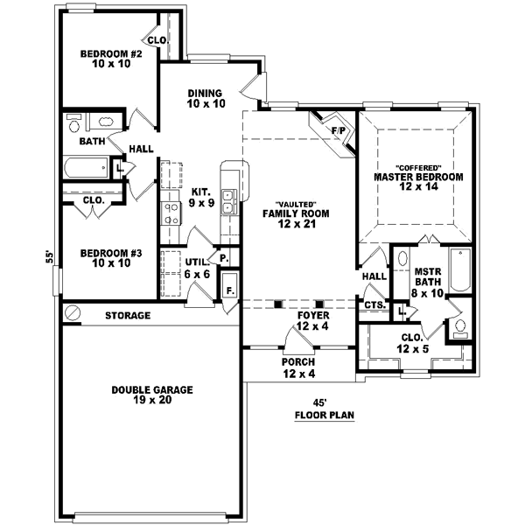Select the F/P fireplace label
click(x=337, y=132)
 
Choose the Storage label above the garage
click(x=128, y=315)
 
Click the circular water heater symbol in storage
click(x=73, y=312)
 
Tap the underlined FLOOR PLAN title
click(x=324, y=416)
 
